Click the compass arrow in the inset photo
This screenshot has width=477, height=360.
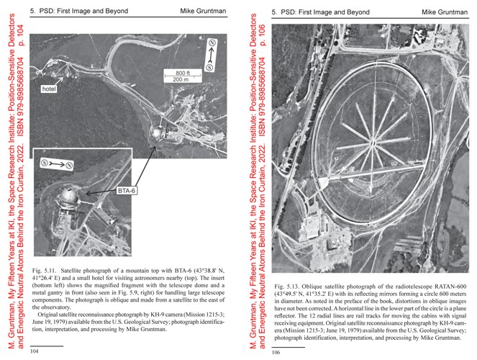click(55, 165)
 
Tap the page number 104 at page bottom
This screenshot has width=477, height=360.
click(34, 353)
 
